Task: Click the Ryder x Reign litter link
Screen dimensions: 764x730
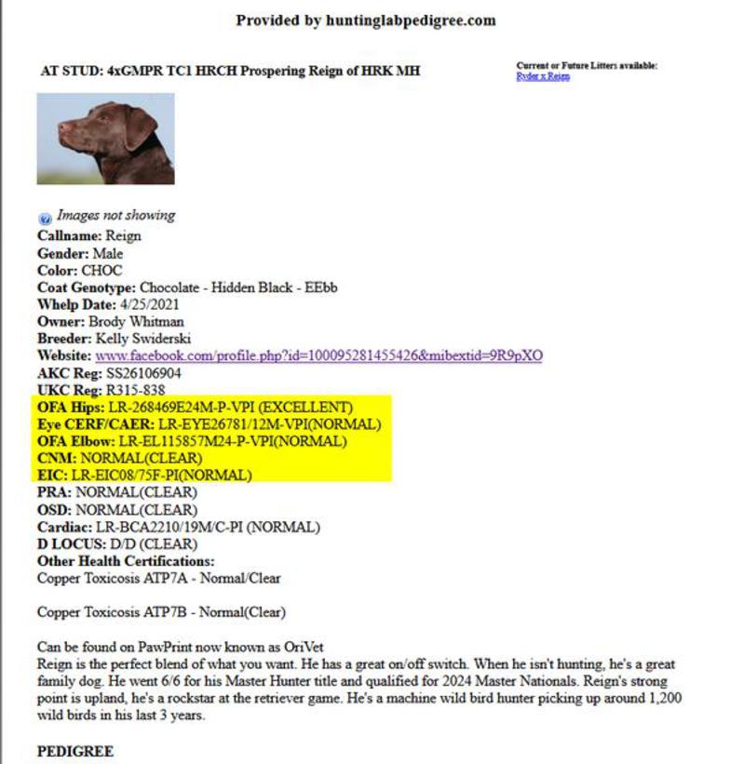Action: [543, 76]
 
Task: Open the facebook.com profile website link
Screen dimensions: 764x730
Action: [318, 355]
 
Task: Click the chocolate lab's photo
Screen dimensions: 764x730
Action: [105, 139]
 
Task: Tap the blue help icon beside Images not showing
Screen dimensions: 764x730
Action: [45, 217]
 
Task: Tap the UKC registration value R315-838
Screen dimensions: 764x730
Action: [134, 390]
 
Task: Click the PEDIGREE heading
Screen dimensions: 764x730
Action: [75, 751]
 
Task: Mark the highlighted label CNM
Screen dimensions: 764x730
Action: [56, 458]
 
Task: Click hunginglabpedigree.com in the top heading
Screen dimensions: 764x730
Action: [409, 20]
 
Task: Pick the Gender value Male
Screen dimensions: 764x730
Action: [108, 253]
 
